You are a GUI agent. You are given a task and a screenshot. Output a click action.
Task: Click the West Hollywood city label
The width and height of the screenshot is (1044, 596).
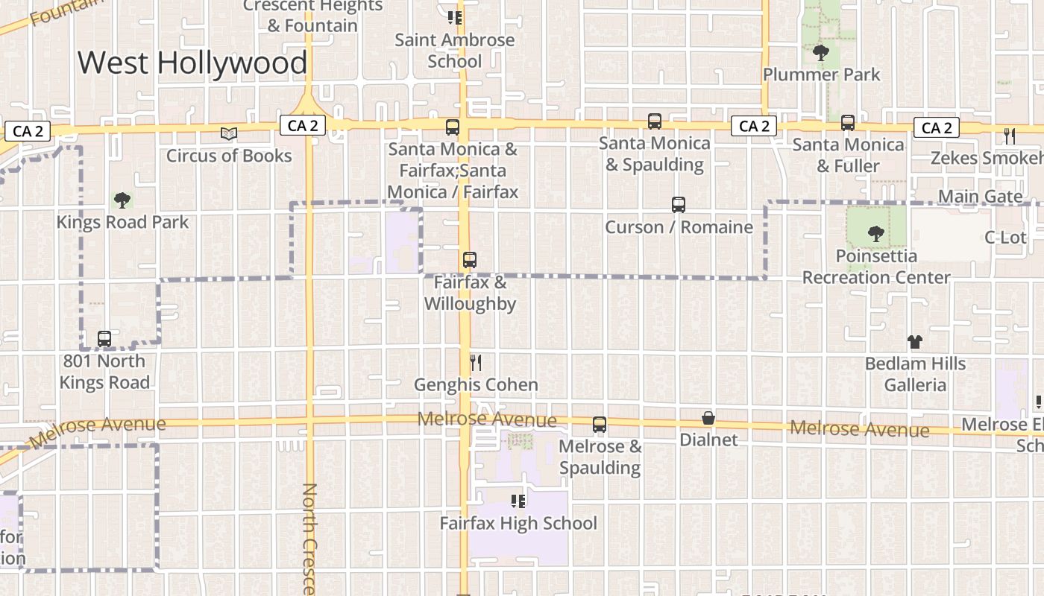[192, 63]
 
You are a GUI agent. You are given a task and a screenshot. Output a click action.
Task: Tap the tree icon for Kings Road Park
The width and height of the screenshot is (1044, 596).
[122, 200]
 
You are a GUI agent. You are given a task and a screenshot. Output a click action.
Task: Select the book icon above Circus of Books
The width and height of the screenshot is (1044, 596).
[229, 133]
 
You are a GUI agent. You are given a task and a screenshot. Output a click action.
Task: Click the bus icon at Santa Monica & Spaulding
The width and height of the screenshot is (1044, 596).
[655, 121]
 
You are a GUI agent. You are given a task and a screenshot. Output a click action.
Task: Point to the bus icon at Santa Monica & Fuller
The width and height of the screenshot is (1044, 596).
[848, 123]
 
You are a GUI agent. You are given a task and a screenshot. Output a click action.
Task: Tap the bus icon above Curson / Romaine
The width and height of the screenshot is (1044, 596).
[679, 204]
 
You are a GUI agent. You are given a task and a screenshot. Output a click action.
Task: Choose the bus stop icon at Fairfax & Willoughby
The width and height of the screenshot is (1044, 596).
[470, 260]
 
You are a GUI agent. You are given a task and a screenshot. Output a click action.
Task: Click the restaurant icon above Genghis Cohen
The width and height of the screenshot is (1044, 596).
[476, 363]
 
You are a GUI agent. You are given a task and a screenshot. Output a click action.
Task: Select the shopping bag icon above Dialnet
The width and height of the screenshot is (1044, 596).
[708, 418]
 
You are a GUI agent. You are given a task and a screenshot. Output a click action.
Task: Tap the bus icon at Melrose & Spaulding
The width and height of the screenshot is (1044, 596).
[600, 425]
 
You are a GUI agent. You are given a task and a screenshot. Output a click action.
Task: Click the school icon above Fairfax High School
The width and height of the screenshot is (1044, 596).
[518, 501]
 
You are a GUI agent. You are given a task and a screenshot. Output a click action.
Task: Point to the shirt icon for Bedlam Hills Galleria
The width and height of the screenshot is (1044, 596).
[915, 342]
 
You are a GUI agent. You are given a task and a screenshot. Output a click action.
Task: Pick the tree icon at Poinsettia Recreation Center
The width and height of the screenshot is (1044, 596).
[876, 233]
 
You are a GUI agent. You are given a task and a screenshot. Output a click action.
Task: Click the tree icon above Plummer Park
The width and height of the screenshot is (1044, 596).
[821, 52]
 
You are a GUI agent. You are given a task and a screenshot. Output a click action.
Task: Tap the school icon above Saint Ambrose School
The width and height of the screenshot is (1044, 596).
[455, 18]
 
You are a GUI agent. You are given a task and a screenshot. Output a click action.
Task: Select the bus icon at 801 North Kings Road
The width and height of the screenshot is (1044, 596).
[104, 339]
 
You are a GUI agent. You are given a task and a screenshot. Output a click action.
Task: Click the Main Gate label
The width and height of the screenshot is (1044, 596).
[980, 197]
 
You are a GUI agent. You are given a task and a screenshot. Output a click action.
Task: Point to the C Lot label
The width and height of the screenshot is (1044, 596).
[1005, 238]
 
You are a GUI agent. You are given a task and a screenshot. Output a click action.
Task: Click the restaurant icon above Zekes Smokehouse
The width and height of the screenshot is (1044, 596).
[1010, 136]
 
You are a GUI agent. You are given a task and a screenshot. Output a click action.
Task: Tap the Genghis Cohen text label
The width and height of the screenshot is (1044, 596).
[476, 384]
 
